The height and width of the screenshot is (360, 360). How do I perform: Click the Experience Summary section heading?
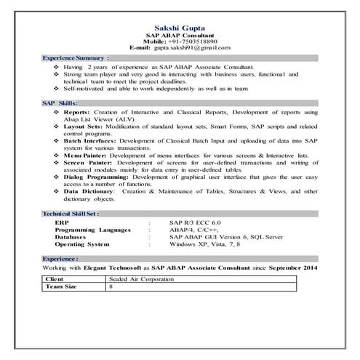pyautogui.click(x=76, y=56)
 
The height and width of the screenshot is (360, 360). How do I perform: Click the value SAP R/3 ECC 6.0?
pyautogui.click(x=194, y=224)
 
